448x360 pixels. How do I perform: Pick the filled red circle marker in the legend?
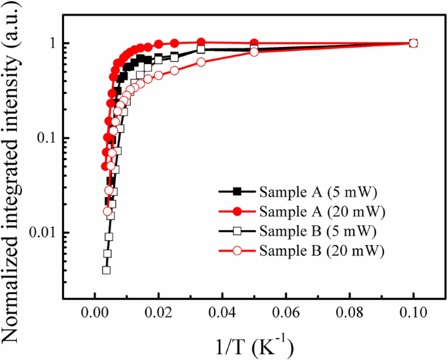pyautogui.click(x=238, y=211)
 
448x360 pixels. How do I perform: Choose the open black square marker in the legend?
pyautogui.click(x=238, y=231)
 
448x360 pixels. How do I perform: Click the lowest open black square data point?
pyautogui.click(x=106, y=270)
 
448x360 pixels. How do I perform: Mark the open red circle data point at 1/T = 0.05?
pyautogui.click(x=254, y=52)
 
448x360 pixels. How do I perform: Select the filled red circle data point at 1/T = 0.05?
pyautogui.click(x=254, y=42)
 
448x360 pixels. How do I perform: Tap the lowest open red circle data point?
pyautogui.click(x=108, y=211)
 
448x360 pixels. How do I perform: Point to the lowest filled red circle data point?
pyautogui.click(x=105, y=166)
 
